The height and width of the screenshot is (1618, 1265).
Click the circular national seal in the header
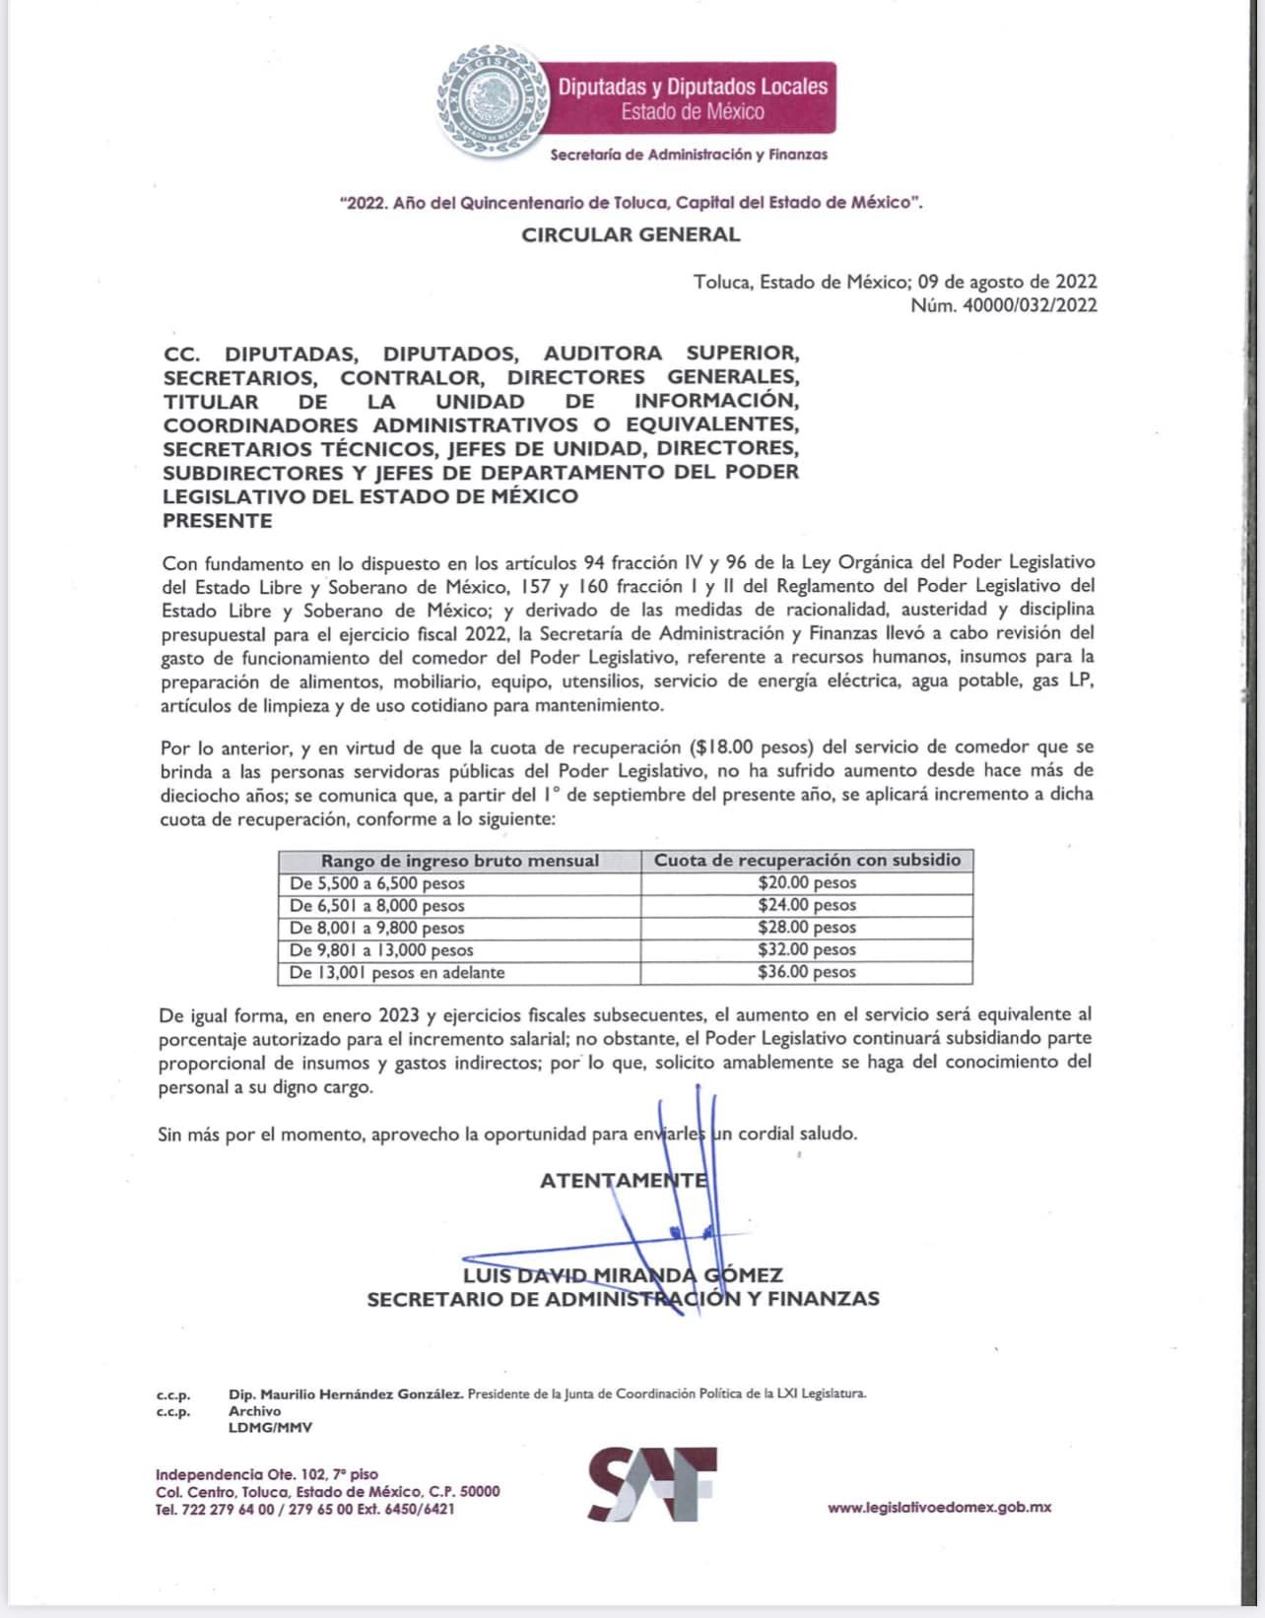493,99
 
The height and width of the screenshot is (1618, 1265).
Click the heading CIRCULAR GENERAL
631,234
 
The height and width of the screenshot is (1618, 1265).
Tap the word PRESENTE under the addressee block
217,520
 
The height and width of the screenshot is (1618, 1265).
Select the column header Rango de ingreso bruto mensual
459,861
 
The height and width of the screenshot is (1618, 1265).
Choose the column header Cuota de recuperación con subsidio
807,860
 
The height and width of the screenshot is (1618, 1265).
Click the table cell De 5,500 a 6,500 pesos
376,883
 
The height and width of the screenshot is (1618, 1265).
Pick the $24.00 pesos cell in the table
807,905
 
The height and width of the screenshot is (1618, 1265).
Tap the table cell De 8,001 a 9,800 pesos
376,928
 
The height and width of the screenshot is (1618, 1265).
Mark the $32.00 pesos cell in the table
807,949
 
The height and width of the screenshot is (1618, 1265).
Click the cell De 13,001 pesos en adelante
397,972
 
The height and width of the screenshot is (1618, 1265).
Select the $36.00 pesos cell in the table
807,972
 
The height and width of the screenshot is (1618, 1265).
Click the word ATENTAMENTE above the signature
623,1180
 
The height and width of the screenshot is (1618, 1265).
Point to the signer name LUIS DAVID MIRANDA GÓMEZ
623,1275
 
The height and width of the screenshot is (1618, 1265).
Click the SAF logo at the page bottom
652,1484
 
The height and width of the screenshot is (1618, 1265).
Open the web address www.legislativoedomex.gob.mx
939,1507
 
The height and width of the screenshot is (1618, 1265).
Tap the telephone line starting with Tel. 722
304,1509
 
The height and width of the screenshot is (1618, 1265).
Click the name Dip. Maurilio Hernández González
345,1393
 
